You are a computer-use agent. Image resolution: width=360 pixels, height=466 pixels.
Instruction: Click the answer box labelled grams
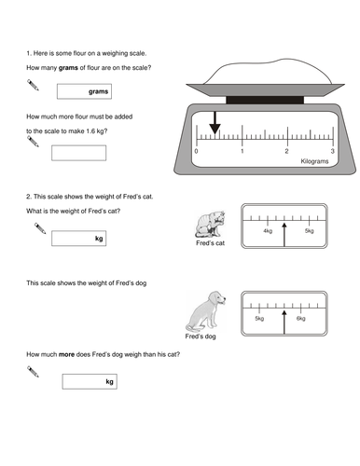click(x=84, y=91)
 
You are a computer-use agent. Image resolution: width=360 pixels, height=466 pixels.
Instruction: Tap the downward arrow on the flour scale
click(x=215, y=123)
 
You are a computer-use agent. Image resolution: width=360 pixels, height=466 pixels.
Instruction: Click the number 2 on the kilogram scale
click(x=286, y=151)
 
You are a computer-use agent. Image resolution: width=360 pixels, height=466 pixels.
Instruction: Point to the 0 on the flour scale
click(x=196, y=151)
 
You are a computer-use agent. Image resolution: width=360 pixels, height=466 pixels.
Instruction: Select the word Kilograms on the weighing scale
click(x=314, y=161)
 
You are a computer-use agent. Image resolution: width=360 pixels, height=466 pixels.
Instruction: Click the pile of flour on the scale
click(x=268, y=72)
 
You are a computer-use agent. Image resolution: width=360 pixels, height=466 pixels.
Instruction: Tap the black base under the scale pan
click(x=265, y=100)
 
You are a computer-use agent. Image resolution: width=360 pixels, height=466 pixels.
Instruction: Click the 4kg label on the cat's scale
click(x=268, y=231)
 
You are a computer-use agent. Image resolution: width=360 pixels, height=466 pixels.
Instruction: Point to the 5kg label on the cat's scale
click(x=309, y=231)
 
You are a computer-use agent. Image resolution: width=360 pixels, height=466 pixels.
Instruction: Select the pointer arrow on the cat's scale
click(x=284, y=235)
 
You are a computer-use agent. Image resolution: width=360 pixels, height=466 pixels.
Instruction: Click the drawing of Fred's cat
click(x=210, y=224)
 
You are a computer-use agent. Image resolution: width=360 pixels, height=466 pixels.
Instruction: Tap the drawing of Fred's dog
click(x=206, y=311)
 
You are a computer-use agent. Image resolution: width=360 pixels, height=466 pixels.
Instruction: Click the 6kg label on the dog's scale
click(x=301, y=319)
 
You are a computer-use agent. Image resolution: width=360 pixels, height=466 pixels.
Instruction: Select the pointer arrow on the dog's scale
click(x=284, y=322)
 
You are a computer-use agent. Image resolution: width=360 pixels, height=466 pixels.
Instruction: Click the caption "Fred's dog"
click(x=201, y=336)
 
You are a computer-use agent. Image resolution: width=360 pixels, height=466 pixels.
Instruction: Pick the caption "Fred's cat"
click(x=210, y=243)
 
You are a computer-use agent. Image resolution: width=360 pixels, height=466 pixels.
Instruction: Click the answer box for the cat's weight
click(x=79, y=239)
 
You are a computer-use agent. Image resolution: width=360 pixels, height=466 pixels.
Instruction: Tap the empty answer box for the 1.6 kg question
click(x=79, y=153)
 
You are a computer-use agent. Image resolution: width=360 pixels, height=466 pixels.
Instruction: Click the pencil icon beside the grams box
click(x=33, y=85)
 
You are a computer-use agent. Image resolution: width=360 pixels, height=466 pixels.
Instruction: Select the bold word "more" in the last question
click(x=66, y=354)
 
